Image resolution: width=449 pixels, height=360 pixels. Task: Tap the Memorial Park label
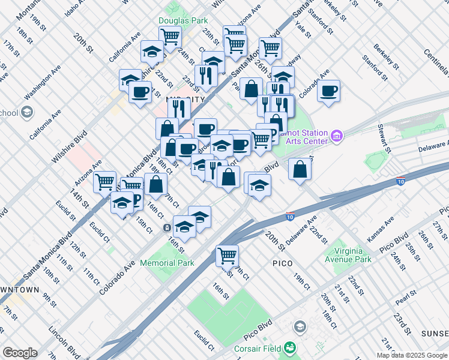[x=167, y=263]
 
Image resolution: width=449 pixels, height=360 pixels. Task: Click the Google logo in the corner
[x=20, y=353]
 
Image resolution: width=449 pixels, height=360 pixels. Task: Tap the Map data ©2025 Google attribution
[x=412, y=355]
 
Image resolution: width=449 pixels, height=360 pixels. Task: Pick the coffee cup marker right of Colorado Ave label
[x=328, y=91]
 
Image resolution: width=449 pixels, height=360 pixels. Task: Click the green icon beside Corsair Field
[x=290, y=347]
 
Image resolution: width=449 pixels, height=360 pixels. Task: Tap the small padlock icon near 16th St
[x=166, y=227]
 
